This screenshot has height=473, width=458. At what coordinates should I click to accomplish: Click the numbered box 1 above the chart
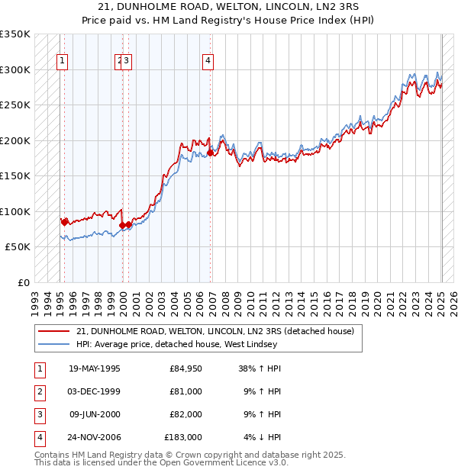(61, 63)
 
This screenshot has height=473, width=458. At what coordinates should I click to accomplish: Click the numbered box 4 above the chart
(208, 63)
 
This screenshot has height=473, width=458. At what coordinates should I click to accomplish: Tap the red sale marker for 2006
(210, 153)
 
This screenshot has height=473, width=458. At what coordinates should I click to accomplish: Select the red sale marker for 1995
(64, 222)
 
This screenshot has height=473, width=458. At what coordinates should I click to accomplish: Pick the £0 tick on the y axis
(23, 282)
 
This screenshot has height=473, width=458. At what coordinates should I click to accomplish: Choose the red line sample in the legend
(53, 332)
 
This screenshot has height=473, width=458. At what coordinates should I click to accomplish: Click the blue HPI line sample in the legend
(53, 345)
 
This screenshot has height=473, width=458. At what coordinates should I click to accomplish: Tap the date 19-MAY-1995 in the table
(95, 368)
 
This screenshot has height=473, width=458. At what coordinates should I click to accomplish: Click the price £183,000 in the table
(183, 437)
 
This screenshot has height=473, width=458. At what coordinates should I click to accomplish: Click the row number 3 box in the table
(38, 414)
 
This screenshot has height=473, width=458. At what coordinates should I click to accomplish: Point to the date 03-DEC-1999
(95, 391)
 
